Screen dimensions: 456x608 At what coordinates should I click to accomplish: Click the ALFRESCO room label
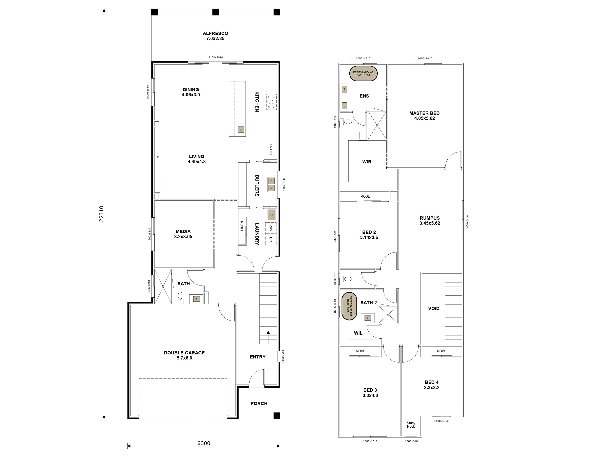[215, 36]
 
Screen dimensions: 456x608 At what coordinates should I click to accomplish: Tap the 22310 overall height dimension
[101, 214]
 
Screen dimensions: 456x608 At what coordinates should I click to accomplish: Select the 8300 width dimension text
[204, 443]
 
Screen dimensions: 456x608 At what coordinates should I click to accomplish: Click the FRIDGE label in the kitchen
[271, 150]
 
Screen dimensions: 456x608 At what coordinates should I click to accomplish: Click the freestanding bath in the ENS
[363, 74]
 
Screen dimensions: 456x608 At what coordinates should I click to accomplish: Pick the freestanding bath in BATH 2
[349, 306]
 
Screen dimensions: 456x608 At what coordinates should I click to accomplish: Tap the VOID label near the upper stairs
[433, 308]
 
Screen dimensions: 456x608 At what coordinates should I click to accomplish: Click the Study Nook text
[411, 425]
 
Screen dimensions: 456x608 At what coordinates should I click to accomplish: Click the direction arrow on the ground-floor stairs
[268, 333]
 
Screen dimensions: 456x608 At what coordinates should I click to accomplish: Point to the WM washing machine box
[271, 228]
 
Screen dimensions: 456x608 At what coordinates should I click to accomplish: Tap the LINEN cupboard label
[242, 226]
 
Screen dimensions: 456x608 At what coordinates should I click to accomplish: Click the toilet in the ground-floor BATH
[180, 296]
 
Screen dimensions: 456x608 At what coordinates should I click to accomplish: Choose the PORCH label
[259, 403]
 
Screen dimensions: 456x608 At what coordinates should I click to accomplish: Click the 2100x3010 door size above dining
[216, 58]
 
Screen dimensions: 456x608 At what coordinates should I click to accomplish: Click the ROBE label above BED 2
[365, 196]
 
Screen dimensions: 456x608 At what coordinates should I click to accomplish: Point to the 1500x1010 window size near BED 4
[441, 421]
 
